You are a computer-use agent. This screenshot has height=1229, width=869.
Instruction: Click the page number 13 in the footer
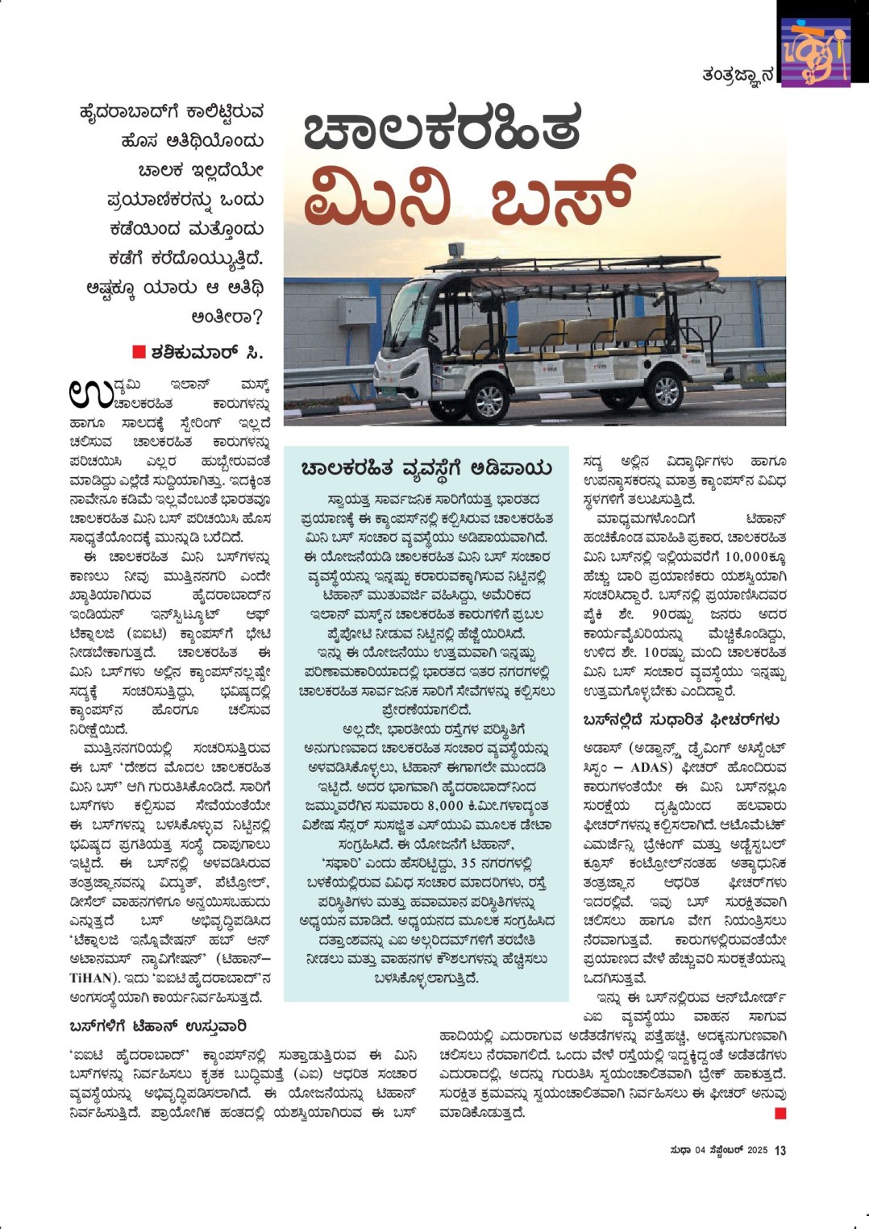(780, 1151)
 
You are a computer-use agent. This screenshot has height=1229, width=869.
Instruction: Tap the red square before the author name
(139, 351)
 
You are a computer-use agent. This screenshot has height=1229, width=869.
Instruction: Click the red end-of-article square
(780, 1113)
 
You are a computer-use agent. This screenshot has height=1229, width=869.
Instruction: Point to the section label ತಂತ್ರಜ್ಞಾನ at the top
(737, 75)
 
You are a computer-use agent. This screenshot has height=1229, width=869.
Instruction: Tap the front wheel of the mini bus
(487, 398)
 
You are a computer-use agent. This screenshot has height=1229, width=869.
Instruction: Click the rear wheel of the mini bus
(666, 390)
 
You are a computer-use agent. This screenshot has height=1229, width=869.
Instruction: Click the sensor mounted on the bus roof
(456, 251)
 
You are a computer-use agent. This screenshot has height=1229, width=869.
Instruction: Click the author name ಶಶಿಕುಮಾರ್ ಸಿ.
(206, 352)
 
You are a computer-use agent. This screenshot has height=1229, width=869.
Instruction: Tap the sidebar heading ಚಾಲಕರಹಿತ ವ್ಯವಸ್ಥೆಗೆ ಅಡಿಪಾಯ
(426, 468)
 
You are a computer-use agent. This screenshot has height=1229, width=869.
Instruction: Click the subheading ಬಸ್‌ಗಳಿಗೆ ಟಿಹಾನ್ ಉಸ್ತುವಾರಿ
(158, 1026)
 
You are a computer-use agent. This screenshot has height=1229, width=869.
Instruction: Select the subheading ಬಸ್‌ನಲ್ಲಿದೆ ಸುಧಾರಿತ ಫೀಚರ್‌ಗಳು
(681, 720)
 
